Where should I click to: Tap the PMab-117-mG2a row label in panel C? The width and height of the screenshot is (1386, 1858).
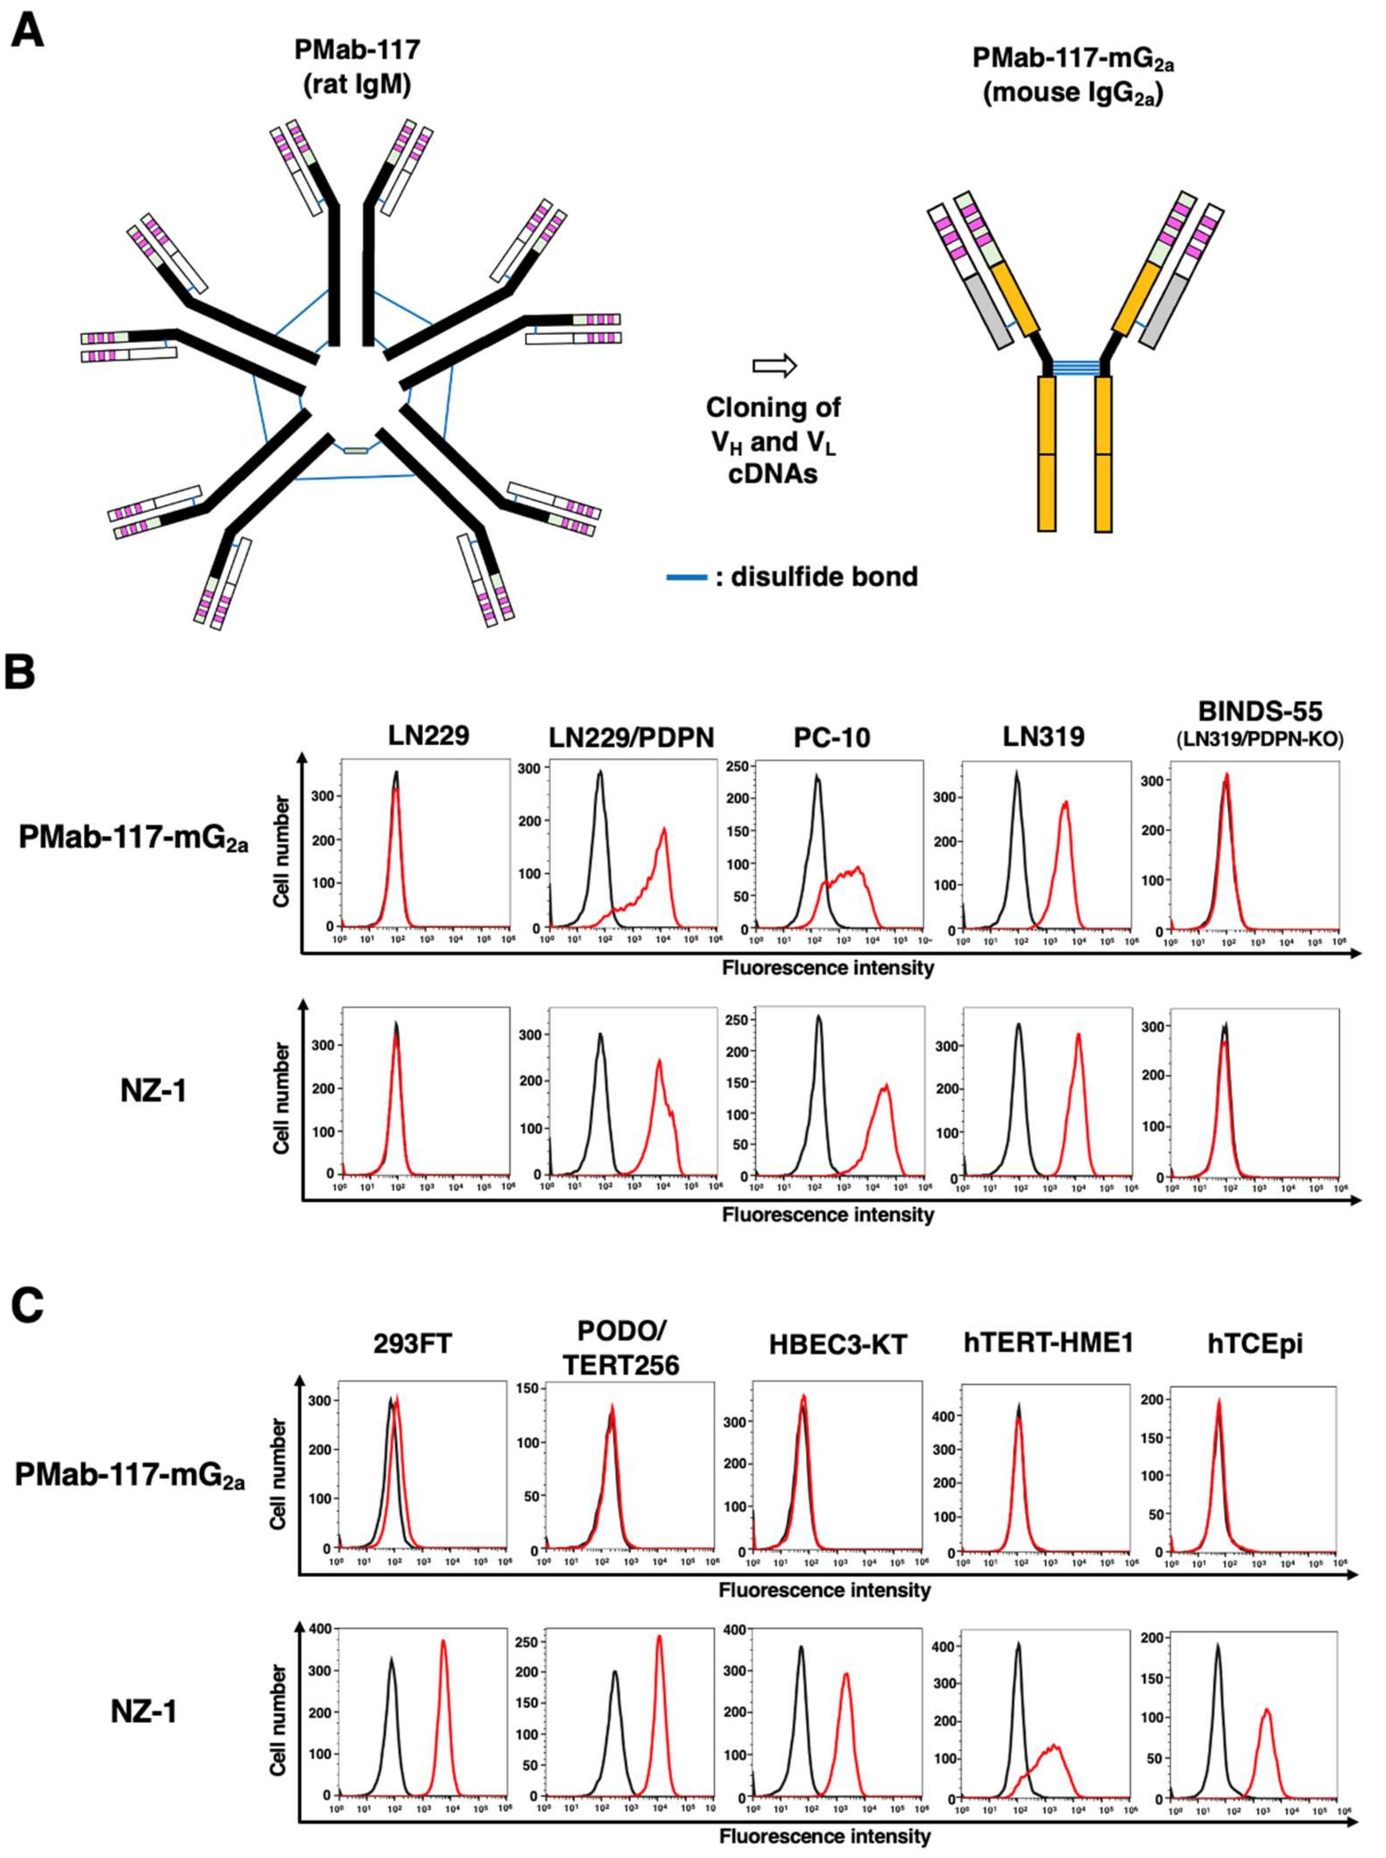tap(132, 1473)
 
